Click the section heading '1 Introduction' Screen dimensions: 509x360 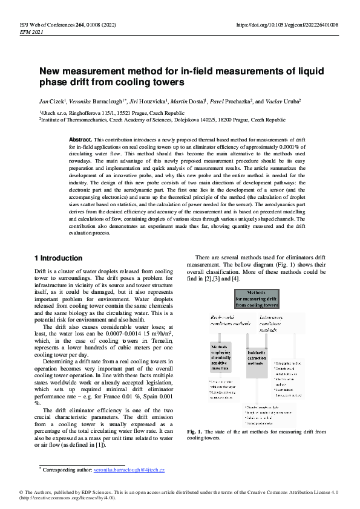(59, 258)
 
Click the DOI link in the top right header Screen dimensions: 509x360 (287, 25)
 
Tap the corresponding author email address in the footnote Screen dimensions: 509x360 (130, 470)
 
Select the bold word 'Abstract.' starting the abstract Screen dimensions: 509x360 (81, 139)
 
